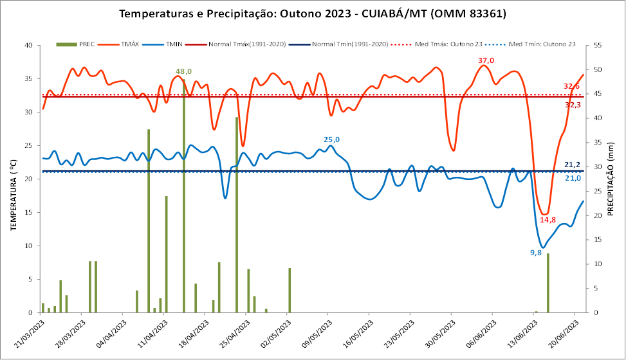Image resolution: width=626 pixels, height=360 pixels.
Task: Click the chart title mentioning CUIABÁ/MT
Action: pyautogui.click(x=313, y=14)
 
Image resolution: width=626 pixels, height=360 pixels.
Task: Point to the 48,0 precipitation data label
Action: pyautogui.click(x=183, y=71)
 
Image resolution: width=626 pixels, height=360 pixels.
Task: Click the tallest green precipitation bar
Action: pyautogui.click(x=184, y=193)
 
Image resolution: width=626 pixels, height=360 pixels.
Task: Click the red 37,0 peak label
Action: pyautogui.click(x=486, y=60)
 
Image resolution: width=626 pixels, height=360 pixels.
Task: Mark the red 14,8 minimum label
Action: pyautogui.click(x=548, y=220)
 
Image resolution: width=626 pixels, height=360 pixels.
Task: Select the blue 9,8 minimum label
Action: pyautogui.click(x=535, y=253)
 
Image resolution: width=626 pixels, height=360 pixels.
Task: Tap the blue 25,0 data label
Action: pyautogui.click(x=331, y=139)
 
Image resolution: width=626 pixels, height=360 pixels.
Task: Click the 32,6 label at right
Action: pyautogui.click(x=571, y=86)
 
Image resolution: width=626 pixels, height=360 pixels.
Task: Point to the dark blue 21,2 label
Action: pyautogui.click(x=573, y=165)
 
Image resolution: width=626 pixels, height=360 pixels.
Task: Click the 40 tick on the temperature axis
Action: pyautogui.click(x=28, y=46)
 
